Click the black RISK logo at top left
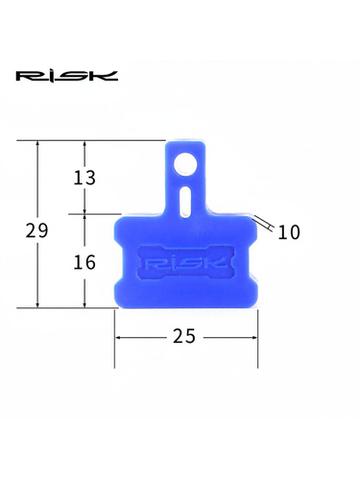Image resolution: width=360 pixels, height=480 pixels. (67, 76)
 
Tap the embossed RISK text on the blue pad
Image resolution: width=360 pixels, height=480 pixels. (186, 263)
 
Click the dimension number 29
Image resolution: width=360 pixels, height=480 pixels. (36, 230)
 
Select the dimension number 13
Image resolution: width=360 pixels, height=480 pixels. (84, 178)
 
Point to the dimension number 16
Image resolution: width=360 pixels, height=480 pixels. (84, 262)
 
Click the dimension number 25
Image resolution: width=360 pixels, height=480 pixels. (184, 336)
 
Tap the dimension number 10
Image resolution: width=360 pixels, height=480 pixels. (289, 232)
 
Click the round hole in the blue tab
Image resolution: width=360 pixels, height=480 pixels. (185, 164)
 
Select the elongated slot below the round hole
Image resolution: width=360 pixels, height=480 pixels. (185, 201)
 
